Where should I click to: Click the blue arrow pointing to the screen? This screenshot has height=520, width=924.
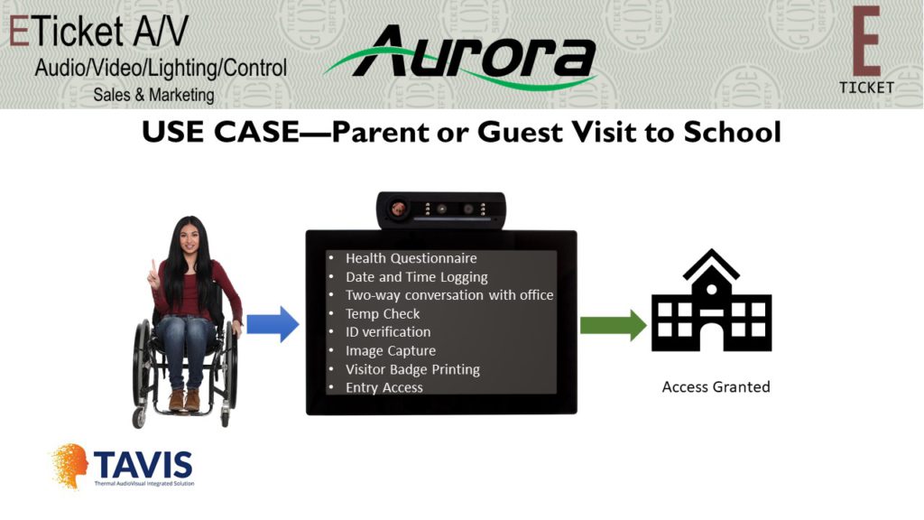273,324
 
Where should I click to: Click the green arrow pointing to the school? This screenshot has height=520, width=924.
613,325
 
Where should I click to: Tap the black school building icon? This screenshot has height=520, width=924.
711,300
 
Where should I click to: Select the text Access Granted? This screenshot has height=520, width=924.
716,386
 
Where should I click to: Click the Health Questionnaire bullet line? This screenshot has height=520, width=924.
411,258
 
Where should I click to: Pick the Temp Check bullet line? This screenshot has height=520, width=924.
383,313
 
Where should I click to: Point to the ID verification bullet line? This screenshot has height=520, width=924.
388,332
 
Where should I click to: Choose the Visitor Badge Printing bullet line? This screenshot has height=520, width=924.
412,369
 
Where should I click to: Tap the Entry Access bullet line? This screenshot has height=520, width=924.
383,387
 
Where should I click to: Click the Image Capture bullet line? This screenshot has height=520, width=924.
390,351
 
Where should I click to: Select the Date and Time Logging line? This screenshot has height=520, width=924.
416,277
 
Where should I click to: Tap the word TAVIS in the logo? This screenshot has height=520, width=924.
143,465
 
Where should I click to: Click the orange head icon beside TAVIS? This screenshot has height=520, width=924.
70,465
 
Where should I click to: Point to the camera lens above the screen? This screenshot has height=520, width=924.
398,209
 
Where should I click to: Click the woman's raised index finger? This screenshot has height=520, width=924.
153,267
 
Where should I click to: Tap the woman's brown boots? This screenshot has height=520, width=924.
184,400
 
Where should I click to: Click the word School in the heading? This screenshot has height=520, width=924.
733,132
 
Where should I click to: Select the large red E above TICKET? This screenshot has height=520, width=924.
866,42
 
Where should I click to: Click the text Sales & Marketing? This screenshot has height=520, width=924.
153,95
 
